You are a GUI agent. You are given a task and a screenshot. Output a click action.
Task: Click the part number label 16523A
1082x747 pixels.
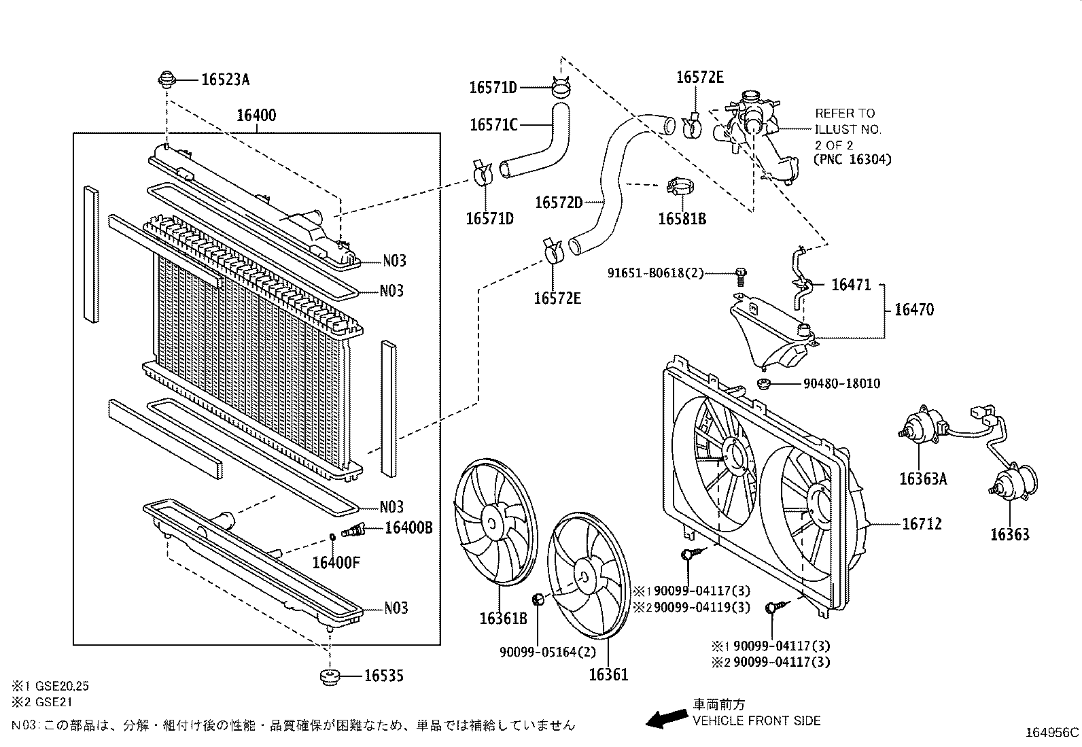(x=225, y=80)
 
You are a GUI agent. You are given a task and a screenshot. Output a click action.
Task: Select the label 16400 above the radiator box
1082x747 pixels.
(x=256, y=115)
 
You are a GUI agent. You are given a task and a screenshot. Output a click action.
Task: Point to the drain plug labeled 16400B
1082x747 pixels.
(x=353, y=529)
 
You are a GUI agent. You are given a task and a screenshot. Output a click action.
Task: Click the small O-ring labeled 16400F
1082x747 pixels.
(x=332, y=538)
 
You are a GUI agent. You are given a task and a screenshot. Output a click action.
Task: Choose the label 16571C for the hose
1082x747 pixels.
(x=494, y=124)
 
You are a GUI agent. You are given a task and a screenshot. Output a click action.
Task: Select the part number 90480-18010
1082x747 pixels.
(x=841, y=384)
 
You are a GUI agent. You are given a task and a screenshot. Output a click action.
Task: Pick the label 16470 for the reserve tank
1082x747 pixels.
(x=913, y=310)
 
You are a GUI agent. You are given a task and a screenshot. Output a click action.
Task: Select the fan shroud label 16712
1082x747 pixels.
(x=922, y=524)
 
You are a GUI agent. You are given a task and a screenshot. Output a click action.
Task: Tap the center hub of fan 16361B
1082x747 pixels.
(x=491, y=522)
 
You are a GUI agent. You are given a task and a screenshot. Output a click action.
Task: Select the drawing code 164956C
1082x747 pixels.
(x=1052, y=733)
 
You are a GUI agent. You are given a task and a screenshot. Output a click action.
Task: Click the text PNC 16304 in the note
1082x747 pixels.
(x=853, y=160)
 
